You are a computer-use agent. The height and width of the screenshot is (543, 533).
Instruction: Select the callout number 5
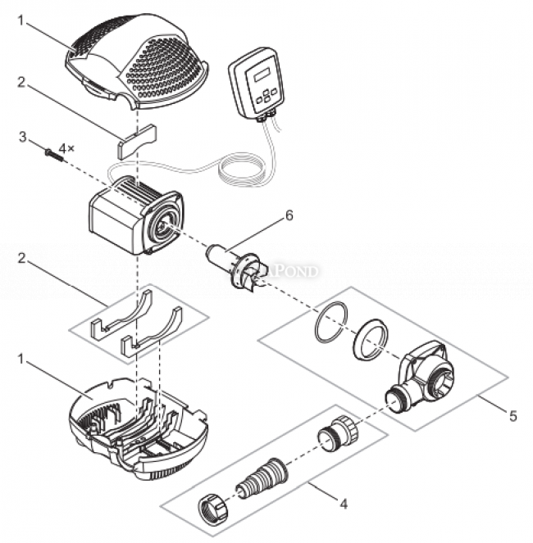coord(512,416)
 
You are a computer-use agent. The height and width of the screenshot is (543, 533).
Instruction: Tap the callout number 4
coord(344,504)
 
